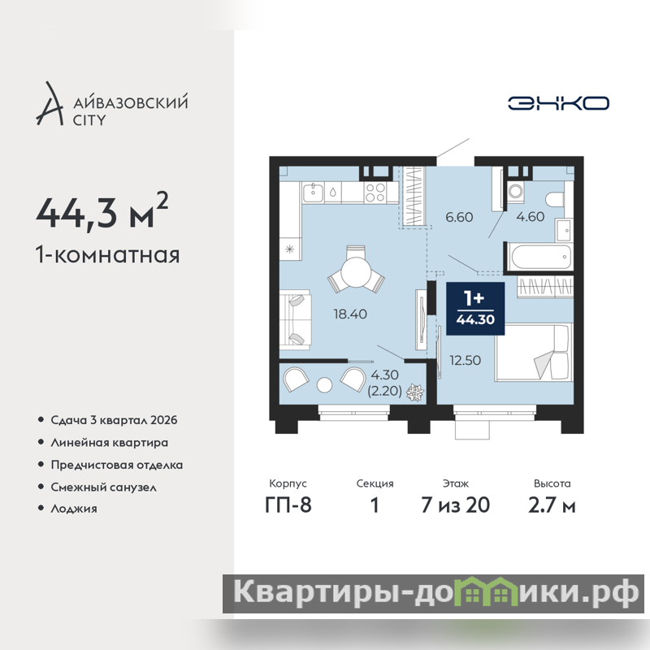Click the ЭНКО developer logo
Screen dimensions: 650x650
point(558,103)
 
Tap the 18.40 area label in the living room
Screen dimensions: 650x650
point(350,314)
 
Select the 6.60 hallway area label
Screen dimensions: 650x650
point(459,217)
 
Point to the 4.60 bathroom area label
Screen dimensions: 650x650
point(531,217)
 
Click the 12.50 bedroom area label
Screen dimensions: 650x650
point(465,360)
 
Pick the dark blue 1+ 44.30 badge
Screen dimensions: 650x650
point(475,309)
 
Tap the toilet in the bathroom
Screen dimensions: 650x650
point(556,200)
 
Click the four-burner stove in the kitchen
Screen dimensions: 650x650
point(375,193)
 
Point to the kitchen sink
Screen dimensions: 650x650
point(313,193)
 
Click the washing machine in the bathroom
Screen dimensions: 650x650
point(515,192)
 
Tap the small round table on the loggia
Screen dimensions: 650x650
point(324,385)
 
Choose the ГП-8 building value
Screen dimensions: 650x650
point(288,505)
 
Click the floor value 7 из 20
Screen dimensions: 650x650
point(456,505)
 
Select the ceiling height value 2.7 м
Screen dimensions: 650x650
point(552,505)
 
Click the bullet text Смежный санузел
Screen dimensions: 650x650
point(104,487)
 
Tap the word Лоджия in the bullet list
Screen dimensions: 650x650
point(74,509)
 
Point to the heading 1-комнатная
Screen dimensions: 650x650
point(108,254)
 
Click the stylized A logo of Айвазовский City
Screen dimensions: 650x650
point(50,104)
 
